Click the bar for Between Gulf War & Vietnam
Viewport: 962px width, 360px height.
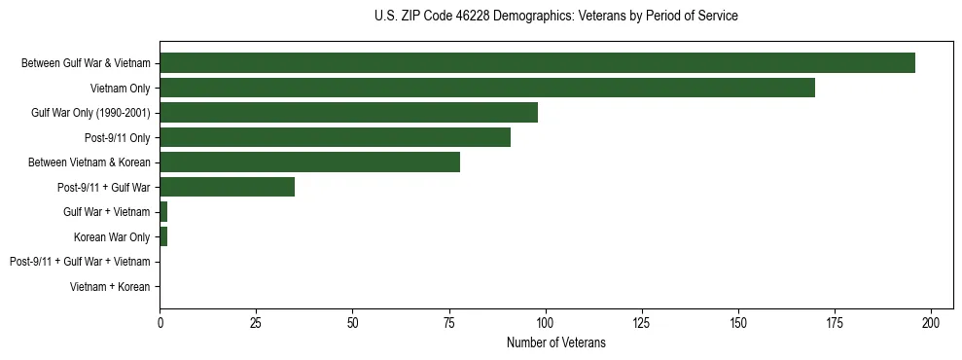[537, 63]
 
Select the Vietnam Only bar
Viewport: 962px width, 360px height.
[487, 88]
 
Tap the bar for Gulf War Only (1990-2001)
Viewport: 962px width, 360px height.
[348, 113]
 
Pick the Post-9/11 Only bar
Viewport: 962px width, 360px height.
[335, 137]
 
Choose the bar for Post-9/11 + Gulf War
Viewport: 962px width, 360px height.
[227, 187]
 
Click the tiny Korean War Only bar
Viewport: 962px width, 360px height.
[163, 236]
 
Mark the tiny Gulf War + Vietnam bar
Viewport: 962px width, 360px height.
[163, 212]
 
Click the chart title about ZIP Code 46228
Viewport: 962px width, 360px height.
[555, 17]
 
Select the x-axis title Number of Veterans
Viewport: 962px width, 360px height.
[555, 342]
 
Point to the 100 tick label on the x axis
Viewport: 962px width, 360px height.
[546, 322]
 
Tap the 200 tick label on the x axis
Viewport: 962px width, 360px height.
[931, 322]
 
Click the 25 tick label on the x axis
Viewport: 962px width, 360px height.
[256, 322]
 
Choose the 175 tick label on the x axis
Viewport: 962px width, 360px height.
[835, 322]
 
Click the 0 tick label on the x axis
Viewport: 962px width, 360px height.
[160, 322]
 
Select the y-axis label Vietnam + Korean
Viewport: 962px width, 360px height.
[110, 287]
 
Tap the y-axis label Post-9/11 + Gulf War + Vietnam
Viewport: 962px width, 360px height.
[80, 262]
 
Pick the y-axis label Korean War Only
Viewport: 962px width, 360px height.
[112, 237]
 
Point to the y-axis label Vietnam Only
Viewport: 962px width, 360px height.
[120, 89]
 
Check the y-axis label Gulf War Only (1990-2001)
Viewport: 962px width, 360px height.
[90, 113]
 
